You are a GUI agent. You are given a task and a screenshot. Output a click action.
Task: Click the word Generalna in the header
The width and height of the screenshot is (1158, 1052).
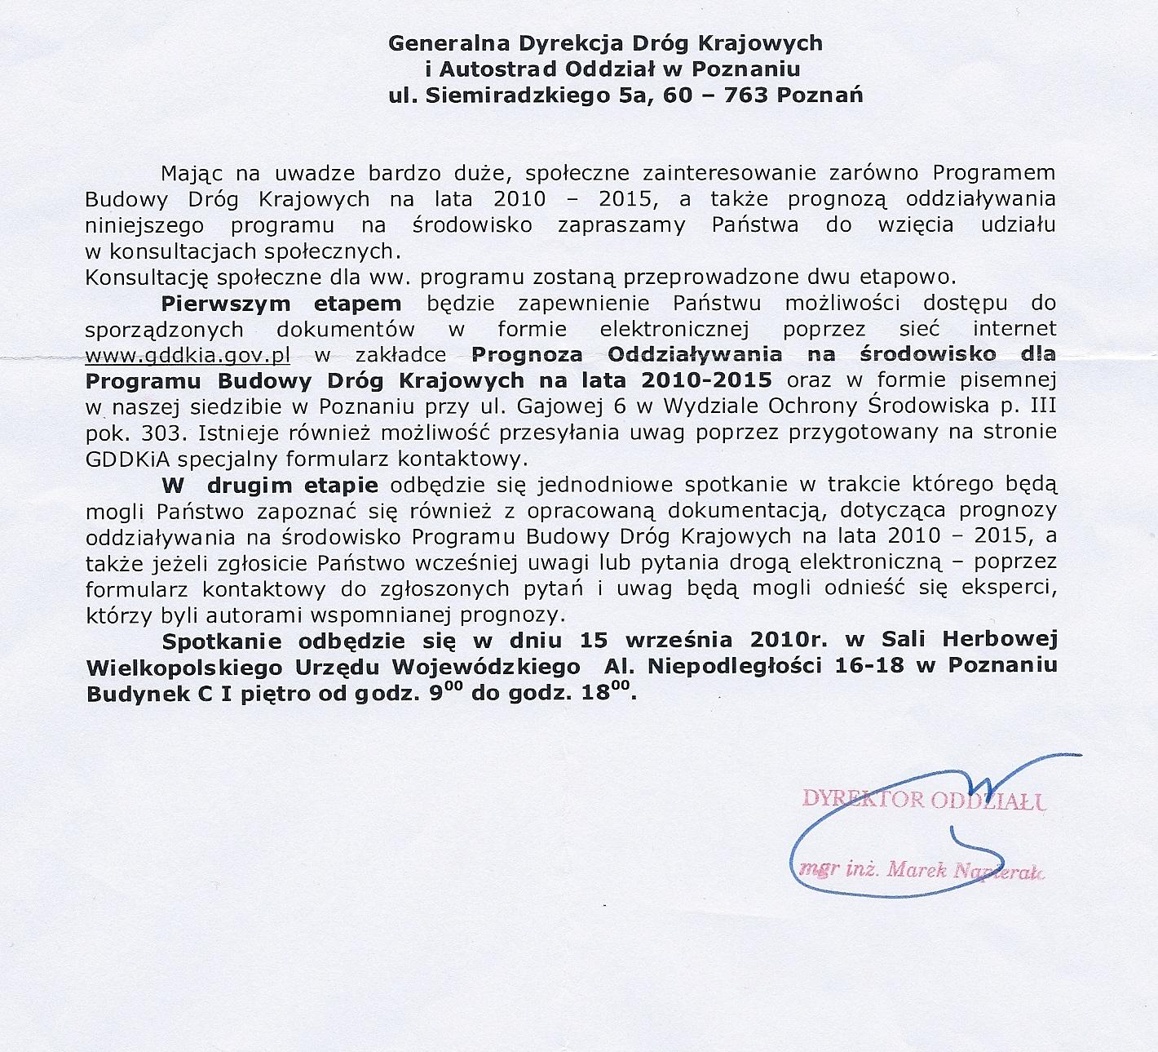pos(436,42)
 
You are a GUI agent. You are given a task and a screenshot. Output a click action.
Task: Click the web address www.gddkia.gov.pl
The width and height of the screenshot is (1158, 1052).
pos(188,355)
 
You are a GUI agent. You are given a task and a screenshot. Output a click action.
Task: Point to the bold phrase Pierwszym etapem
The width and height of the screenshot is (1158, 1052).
pos(281,304)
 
